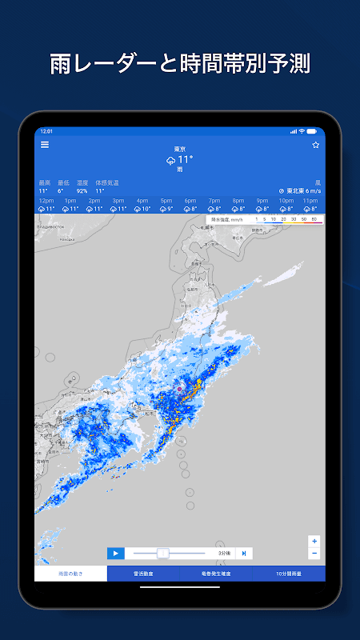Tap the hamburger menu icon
coord(45,145)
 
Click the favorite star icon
coord(315,145)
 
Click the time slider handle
coord(163,553)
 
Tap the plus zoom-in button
coord(314,541)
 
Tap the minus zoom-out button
coord(314,553)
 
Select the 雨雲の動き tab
coord(71,574)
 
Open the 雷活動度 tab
coord(144,574)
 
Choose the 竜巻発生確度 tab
coord(217,574)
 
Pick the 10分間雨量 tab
coord(289,574)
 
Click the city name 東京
coord(180,150)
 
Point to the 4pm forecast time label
coord(142,201)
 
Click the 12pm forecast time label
coord(46,201)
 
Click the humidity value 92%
coord(82,191)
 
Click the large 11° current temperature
coord(185,159)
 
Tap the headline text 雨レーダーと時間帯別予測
coord(180,63)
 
